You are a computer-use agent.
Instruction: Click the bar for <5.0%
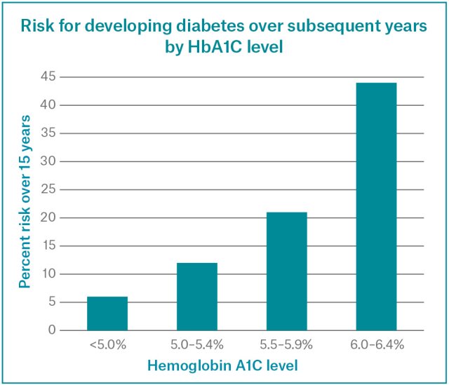(x=107, y=313)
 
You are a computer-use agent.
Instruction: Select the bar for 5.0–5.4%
(x=197, y=297)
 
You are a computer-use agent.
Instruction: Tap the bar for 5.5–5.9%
(x=286, y=271)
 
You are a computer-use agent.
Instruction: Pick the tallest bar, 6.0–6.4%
(x=376, y=207)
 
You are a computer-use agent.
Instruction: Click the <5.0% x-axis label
(x=107, y=345)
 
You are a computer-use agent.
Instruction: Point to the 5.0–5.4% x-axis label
(x=197, y=345)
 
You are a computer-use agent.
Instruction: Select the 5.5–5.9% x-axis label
(x=286, y=345)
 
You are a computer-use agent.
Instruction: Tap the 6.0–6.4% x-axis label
(x=376, y=345)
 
